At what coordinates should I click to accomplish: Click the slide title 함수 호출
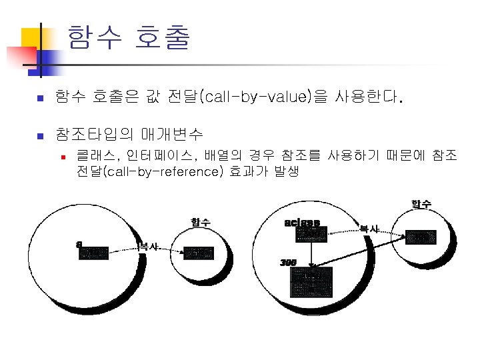point(128,38)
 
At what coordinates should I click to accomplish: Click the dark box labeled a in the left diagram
point(93,252)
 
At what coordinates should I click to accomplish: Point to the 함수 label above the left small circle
point(201,221)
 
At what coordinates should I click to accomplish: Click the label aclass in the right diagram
point(301,222)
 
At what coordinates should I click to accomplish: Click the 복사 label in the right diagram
point(370,229)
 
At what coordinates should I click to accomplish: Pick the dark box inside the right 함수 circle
point(421,237)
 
